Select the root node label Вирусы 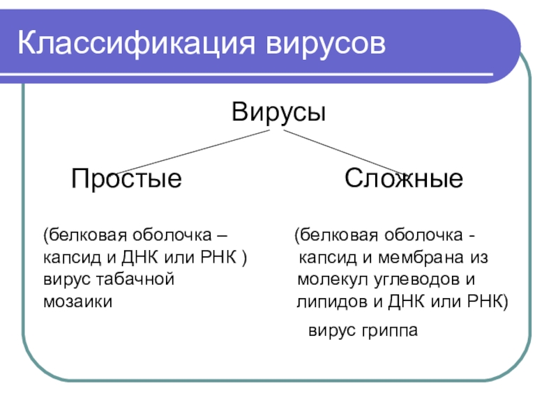point(279,113)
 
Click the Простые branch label point(126,180)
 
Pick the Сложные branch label point(404,180)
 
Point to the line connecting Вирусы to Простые point(188,153)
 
